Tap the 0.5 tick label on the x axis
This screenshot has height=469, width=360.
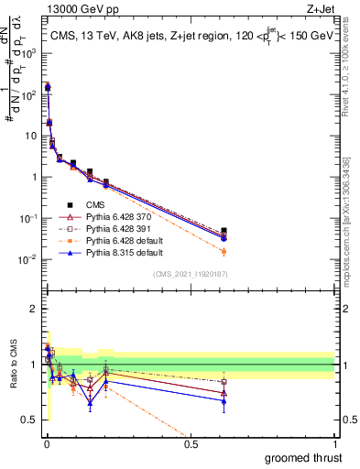(x=191, y=444)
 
